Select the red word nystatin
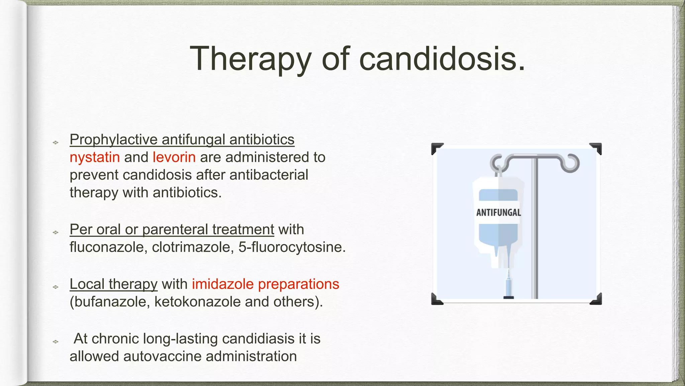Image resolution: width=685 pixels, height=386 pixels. click(95, 157)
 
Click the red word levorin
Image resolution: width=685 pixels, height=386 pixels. click(174, 157)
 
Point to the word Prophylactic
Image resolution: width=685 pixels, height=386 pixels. click(113, 140)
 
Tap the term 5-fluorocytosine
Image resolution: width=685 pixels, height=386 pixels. click(292, 247)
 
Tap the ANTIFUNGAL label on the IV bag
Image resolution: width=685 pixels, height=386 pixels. click(498, 212)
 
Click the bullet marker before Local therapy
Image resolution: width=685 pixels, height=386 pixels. click(56, 287)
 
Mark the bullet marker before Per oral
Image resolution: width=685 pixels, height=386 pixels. click(56, 232)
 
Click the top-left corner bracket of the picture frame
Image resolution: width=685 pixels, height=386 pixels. click(437, 148)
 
